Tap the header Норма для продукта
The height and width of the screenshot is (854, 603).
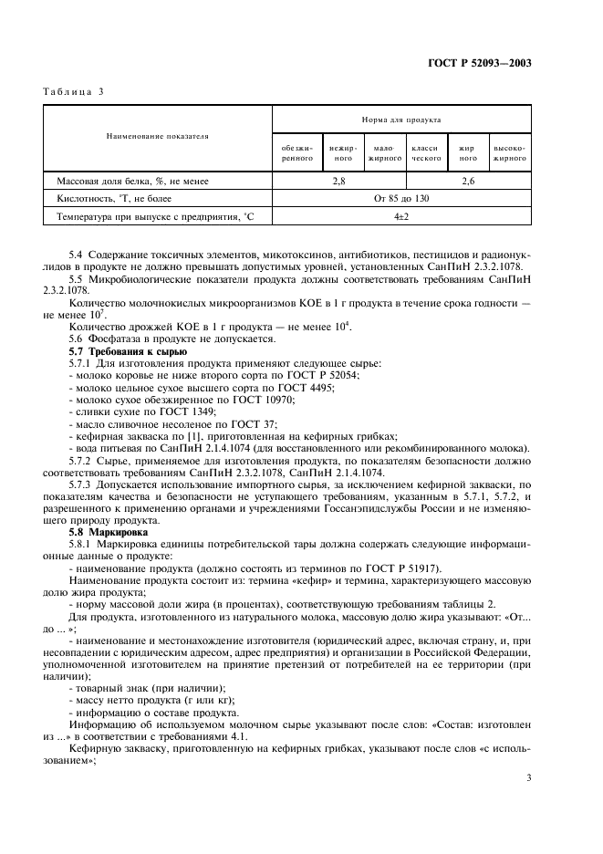[x=401, y=120]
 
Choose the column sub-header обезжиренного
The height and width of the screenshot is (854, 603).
[x=297, y=152]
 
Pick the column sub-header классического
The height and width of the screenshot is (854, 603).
[x=426, y=152]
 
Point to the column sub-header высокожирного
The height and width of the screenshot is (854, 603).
[x=510, y=152]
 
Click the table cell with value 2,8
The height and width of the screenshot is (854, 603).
[x=338, y=182]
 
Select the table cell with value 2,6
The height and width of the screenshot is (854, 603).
[x=468, y=182]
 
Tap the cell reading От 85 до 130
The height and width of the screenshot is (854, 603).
[x=401, y=198]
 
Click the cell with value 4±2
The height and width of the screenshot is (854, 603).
[x=401, y=216]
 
